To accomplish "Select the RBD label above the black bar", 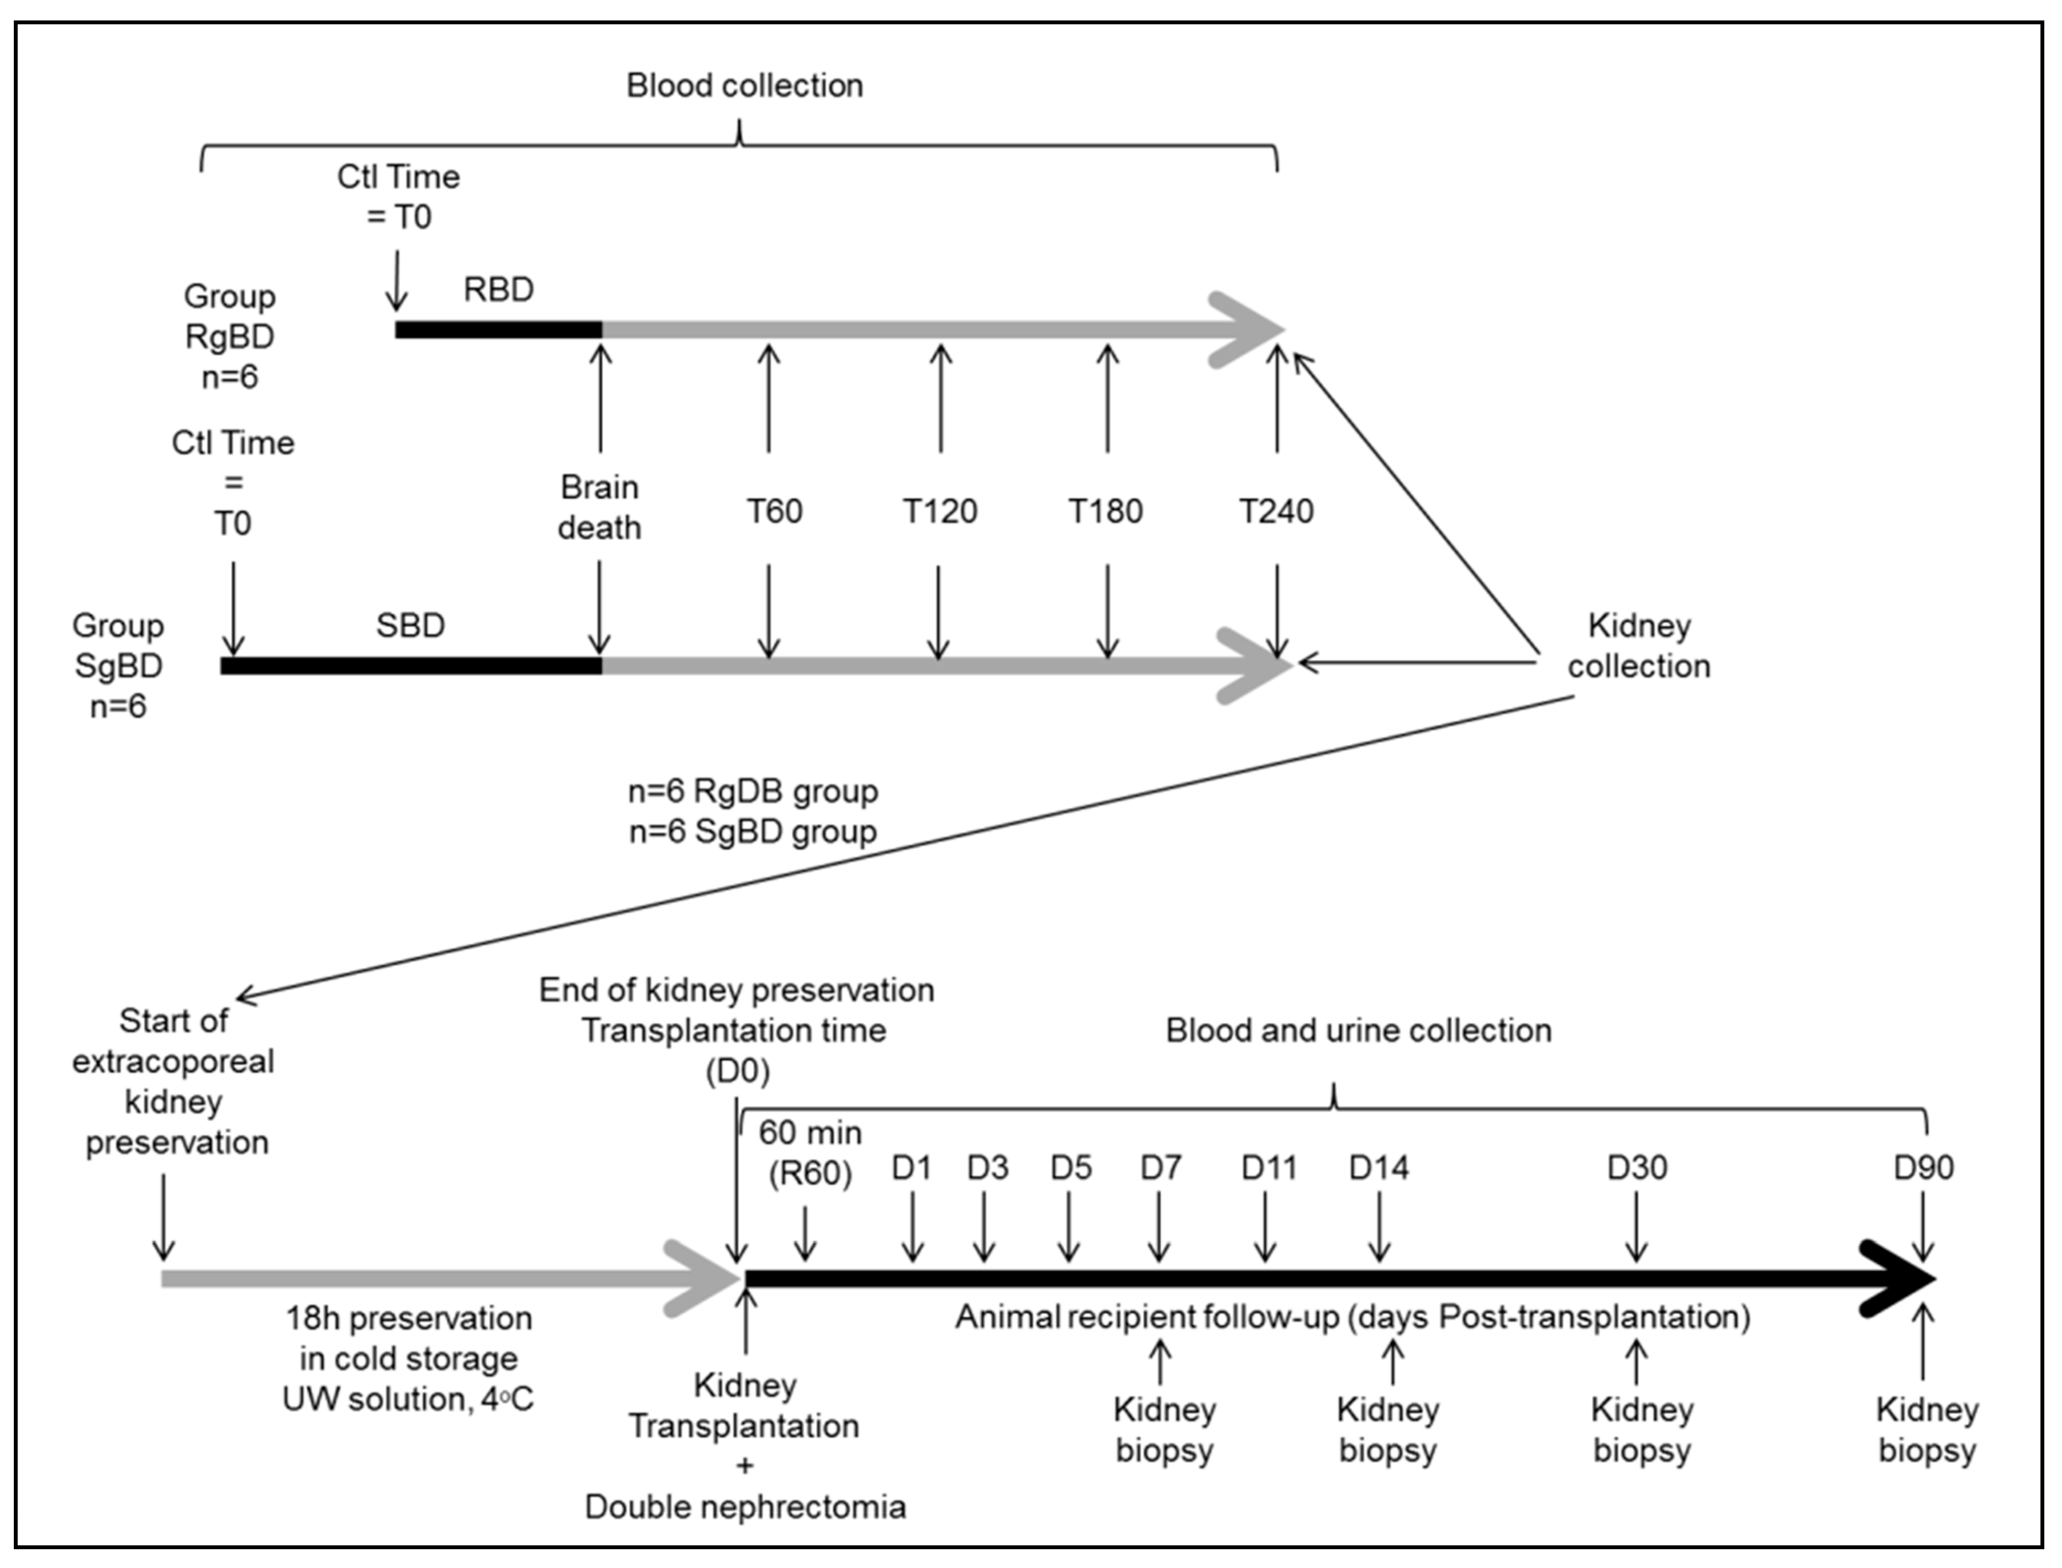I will (x=498, y=290).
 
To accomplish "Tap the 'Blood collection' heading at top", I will (x=744, y=85).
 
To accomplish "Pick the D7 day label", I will (x=1160, y=1167).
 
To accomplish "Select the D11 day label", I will (x=1267, y=1167).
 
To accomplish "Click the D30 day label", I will (x=1637, y=1167).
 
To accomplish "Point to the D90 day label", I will (x=1923, y=1167).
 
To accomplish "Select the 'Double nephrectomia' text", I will (x=745, y=1507).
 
